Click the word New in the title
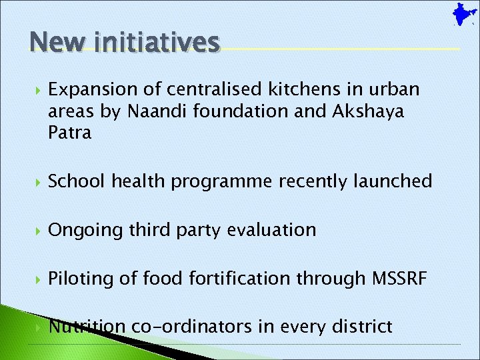(55, 42)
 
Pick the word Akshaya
(367, 111)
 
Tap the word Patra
(69, 133)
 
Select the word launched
(391, 181)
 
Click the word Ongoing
(86, 230)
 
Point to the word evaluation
(271, 230)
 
